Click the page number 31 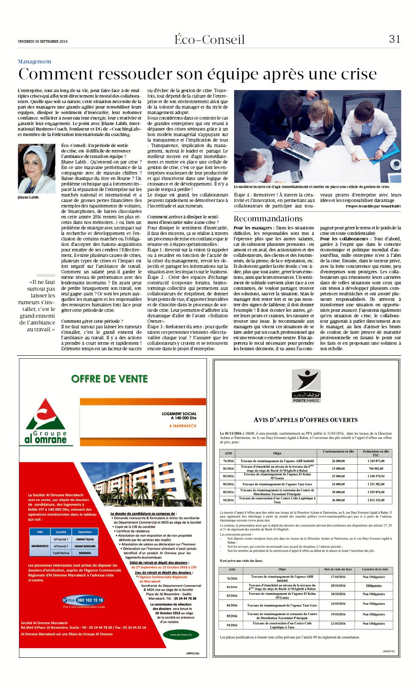coord(394,39)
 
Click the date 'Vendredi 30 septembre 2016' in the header coord(43,41)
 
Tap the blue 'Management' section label coord(34,62)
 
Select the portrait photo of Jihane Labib coord(36,169)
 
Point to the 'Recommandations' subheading coord(268,218)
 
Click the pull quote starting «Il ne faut coord(37,305)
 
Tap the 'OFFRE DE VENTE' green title coord(109,379)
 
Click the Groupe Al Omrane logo coord(46,422)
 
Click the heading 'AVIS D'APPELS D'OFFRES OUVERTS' coord(305,420)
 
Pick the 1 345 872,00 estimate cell coord(376,461)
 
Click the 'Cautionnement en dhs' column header coord(338,451)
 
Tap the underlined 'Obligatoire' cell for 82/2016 coord(374,586)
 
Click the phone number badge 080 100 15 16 coord(83,600)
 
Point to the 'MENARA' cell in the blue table coord(84,553)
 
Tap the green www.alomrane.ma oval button coord(180,634)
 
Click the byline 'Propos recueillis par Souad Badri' coord(373,206)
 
